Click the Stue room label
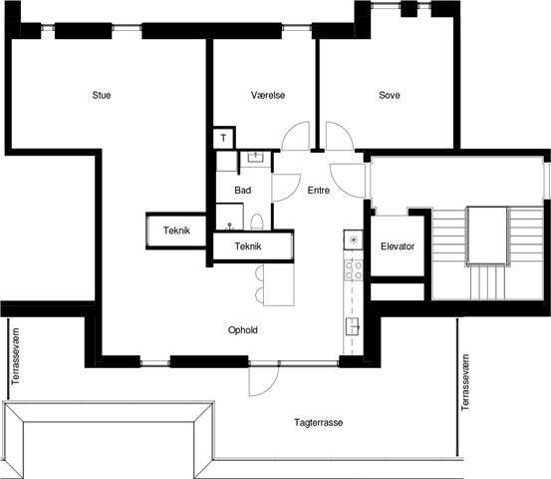(102, 95)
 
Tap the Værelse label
(268, 95)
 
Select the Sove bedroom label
(390, 95)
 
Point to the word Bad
(243, 191)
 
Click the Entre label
(319, 191)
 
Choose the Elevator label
(398, 246)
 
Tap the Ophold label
(243, 330)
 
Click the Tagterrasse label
(319, 422)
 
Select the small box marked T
(224, 138)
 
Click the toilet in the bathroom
(257, 222)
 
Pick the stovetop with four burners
(353, 270)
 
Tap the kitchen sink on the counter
(353, 326)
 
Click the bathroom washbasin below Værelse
(255, 157)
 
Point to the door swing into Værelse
(296, 136)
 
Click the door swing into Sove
(340, 136)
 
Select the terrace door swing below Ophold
(264, 381)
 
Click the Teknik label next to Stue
(176, 231)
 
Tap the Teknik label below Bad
(248, 246)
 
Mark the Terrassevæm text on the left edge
(16, 356)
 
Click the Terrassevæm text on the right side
(465, 382)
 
